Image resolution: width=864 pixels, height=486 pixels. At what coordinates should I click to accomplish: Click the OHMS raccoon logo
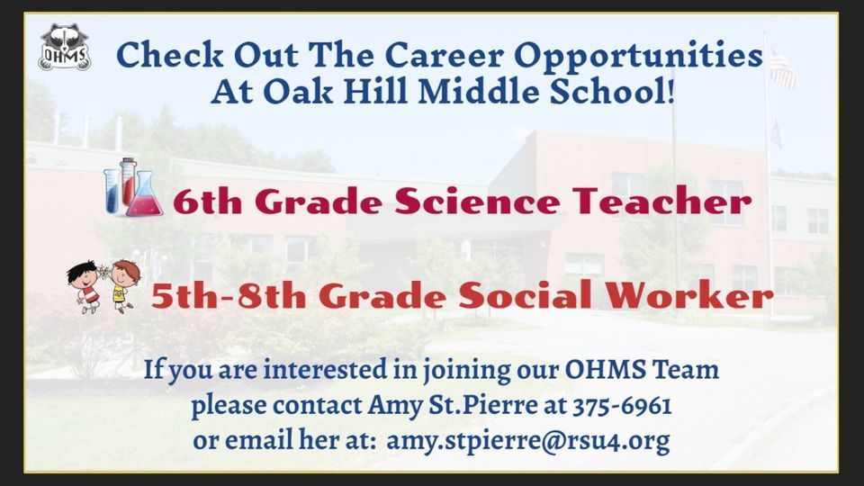click(65, 48)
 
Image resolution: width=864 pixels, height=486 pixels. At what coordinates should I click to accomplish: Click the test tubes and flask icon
click(133, 187)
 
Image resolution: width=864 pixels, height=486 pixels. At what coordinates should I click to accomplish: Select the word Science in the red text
click(477, 201)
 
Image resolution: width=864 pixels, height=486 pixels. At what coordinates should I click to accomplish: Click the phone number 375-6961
click(622, 406)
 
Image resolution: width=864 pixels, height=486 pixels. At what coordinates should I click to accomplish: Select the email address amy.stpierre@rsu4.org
click(528, 441)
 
